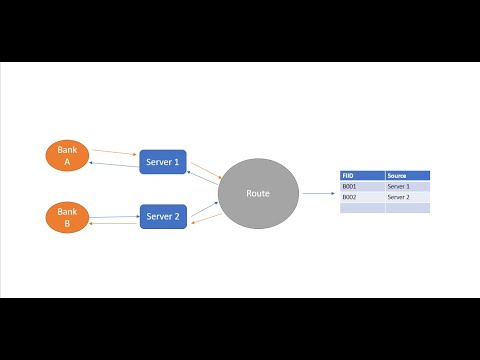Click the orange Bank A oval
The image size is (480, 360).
(67, 155)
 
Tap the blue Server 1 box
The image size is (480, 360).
(163, 162)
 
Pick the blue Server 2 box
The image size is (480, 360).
(163, 216)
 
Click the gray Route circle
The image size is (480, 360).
(258, 192)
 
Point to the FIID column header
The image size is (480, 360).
(362, 175)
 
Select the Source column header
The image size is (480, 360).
(407, 175)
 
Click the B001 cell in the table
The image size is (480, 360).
(362, 186)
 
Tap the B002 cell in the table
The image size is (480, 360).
(362, 197)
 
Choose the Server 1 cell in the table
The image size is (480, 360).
(407, 186)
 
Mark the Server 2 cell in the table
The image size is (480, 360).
(407, 197)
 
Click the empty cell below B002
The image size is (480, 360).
(362, 208)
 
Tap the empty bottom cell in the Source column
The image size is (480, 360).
(407, 208)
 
